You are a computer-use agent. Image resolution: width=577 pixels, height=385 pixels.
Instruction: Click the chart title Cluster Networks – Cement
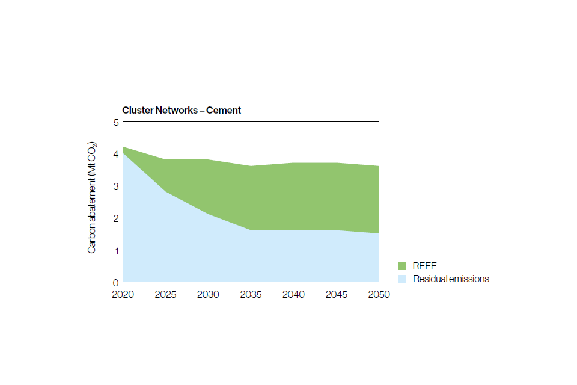click(x=182, y=110)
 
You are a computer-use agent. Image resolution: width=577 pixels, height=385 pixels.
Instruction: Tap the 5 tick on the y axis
click(x=116, y=122)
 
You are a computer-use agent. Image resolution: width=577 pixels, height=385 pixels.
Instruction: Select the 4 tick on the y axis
click(x=116, y=154)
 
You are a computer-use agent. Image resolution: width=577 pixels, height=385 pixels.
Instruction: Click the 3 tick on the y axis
click(x=116, y=186)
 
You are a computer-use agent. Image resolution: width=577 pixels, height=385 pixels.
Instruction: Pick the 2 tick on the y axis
click(x=116, y=218)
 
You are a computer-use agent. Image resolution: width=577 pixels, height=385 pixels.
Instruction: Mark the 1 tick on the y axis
click(x=116, y=250)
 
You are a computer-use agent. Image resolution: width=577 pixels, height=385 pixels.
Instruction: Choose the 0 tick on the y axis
click(x=116, y=282)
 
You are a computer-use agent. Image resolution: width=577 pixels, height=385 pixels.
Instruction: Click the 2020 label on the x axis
click(x=123, y=294)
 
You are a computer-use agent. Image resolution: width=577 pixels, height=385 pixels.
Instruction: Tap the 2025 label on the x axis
click(x=165, y=294)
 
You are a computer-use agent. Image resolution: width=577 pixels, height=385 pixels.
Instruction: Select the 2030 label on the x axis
click(x=208, y=294)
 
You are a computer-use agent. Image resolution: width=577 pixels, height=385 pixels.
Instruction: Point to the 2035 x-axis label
click(x=251, y=294)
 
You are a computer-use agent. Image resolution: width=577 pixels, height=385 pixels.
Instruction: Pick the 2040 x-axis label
click(x=293, y=294)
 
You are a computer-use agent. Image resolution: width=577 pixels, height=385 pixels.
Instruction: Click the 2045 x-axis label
click(x=336, y=294)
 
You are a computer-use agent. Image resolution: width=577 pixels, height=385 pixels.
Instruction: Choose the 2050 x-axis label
click(x=379, y=294)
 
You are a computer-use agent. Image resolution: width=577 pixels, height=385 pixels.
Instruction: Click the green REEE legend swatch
click(x=402, y=266)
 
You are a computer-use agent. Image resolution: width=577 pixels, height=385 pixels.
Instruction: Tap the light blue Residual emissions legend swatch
click(x=402, y=279)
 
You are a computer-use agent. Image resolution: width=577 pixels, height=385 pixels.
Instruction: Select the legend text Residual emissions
click(x=451, y=279)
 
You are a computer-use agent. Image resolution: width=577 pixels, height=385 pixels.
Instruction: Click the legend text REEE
click(x=424, y=266)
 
